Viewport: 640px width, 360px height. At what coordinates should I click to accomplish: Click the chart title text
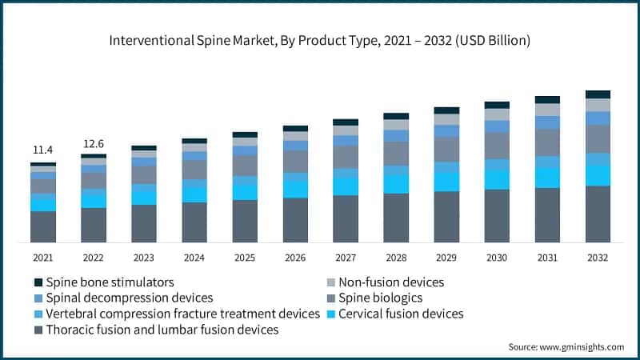[320, 39]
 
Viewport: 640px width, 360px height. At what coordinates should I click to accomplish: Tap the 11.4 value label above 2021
[43, 150]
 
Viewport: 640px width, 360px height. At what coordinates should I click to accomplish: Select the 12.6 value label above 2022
[94, 144]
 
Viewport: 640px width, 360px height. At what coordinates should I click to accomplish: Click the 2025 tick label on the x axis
[245, 258]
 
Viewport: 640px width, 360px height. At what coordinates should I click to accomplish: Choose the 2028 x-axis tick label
[396, 258]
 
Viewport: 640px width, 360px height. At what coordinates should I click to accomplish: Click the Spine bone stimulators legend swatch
[38, 282]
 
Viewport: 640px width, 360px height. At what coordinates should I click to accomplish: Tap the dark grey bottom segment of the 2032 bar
[598, 214]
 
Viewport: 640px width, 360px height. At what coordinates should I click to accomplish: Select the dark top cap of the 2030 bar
[497, 105]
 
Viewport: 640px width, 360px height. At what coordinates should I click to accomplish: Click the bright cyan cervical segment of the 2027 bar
[346, 186]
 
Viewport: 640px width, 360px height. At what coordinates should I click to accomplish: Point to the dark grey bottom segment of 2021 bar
[43, 226]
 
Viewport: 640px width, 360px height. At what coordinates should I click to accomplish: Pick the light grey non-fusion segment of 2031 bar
[547, 110]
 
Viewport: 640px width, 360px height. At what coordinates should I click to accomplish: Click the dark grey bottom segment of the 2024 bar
[194, 222]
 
